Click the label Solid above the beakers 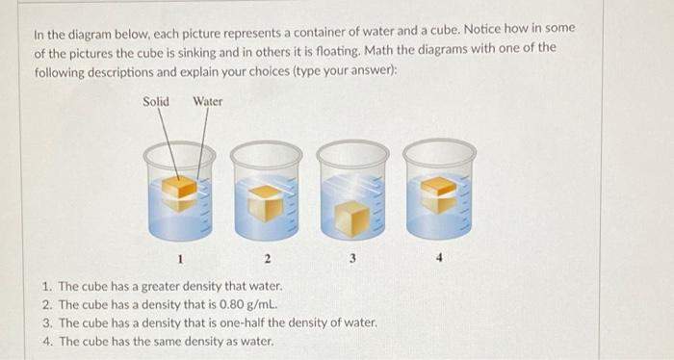tap(156, 101)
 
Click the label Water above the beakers tap(207, 101)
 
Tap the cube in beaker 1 tap(178, 189)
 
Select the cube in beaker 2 tap(267, 201)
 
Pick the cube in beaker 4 tap(438, 192)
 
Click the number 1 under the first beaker tap(179, 258)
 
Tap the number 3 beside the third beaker tap(353, 257)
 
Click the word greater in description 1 tap(163, 287)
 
